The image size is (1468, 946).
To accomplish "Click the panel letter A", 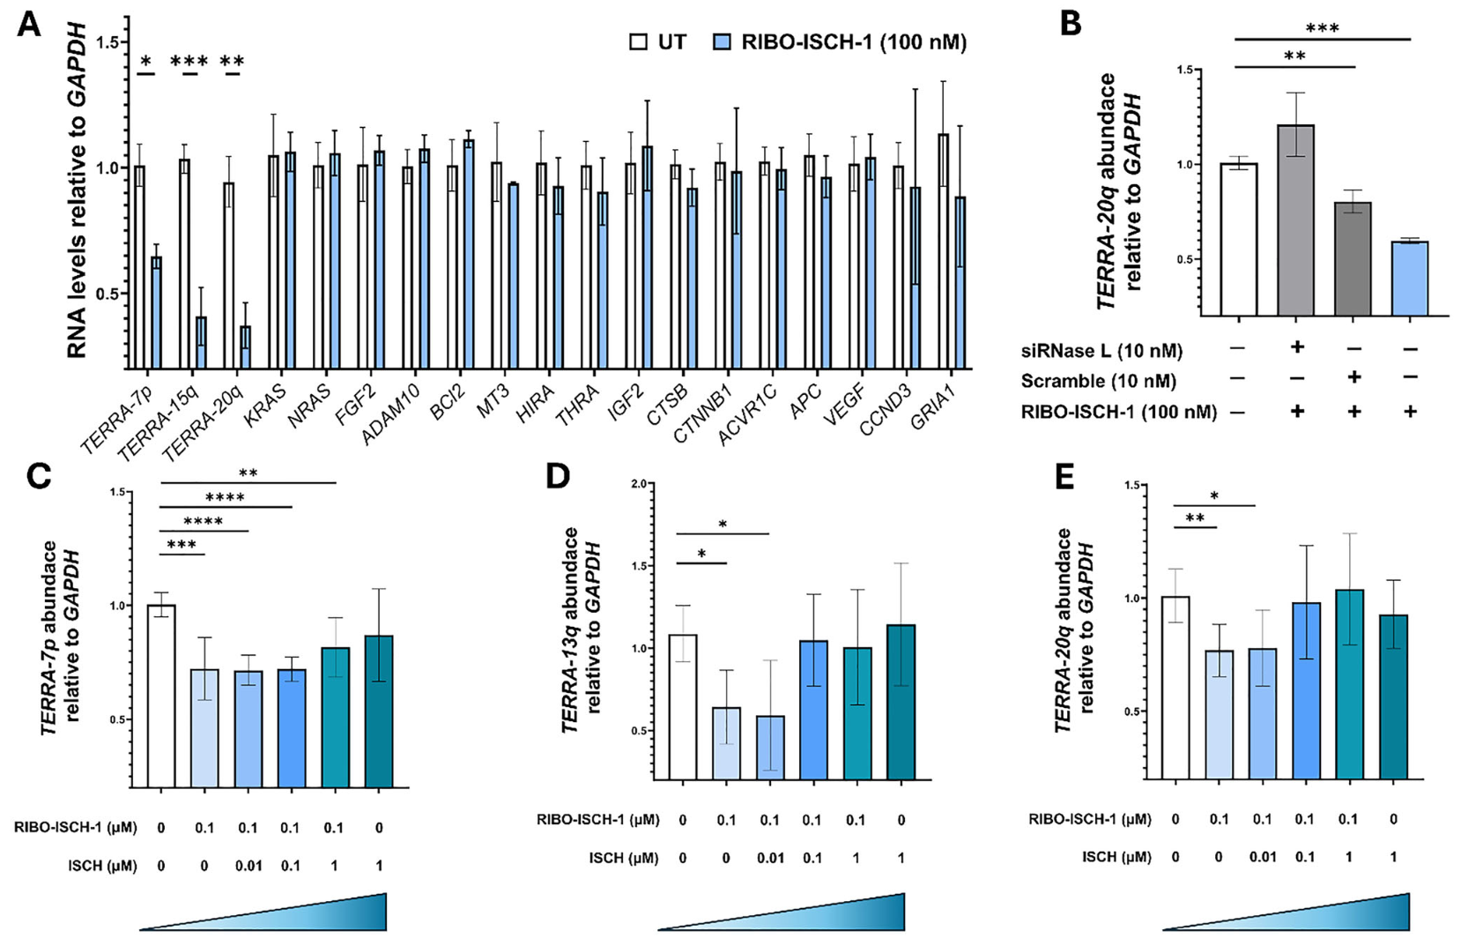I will pos(28,25).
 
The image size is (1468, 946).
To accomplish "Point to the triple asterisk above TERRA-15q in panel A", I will pos(189,61).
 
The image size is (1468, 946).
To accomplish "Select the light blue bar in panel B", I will pos(1409,279).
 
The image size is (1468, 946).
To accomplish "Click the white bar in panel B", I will pos(1238,239).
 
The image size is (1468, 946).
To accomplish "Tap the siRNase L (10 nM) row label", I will pos(1101,351).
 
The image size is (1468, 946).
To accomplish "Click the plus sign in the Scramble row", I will pos(1353,377).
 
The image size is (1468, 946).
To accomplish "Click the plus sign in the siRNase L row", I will pos(1296,347).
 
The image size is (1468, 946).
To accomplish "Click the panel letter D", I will pos(558,476).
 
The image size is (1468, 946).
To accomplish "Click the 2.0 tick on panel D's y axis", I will pos(637,484).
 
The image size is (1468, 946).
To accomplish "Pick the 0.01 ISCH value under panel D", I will pos(769,858).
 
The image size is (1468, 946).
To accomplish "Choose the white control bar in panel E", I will pos(1175,688).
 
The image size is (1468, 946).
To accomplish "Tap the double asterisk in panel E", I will pos(1195,518).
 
